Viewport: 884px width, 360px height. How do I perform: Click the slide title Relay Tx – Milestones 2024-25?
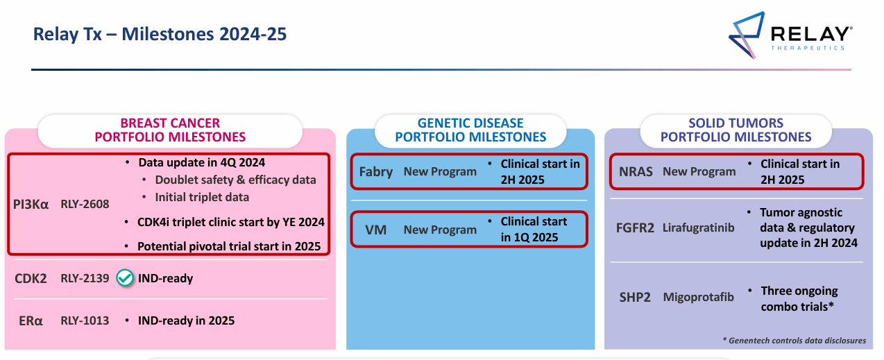[x=160, y=34]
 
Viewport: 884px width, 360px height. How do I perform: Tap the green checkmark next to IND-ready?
[x=125, y=278]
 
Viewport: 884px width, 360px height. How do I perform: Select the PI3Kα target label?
[x=31, y=204]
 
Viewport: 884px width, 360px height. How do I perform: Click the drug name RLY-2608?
[x=85, y=204]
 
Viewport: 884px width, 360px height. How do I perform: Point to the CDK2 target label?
[x=31, y=278]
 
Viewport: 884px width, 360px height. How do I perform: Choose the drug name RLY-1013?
[x=85, y=320]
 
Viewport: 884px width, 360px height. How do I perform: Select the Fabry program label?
[x=376, y=171]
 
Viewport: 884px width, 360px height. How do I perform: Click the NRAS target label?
[x=636, y=171]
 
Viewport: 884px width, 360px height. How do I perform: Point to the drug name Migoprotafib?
[x=699, y=297]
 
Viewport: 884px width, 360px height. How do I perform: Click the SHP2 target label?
[x=635, y=297]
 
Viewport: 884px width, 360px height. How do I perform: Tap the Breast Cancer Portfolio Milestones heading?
[x=170, y=130]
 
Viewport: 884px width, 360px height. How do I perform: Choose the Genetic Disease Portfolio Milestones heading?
[x=470, y=130]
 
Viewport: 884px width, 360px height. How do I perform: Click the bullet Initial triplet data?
[x=202, y=197]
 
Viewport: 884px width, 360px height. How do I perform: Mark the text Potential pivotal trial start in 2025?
[x=228, y=246]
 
